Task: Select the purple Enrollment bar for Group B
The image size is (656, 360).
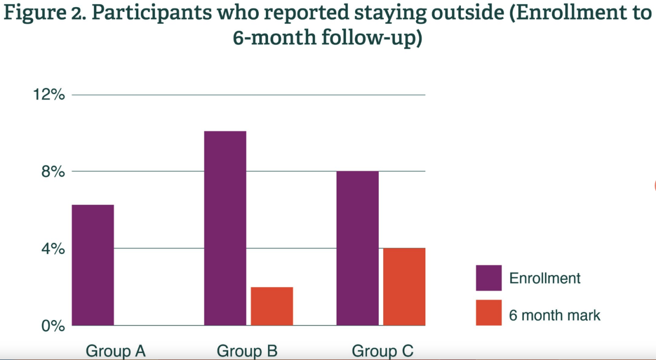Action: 225,228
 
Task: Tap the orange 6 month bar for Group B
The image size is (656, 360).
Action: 272,306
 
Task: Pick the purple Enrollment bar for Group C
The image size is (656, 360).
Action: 357,248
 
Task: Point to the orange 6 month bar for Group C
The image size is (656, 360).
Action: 404,287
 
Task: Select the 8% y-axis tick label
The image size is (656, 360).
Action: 53,172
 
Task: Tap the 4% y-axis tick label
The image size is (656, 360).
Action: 53,249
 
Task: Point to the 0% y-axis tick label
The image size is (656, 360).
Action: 53,326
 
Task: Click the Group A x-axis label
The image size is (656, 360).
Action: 116,351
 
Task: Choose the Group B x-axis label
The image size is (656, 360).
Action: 247,351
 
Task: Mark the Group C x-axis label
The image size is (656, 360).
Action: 382,351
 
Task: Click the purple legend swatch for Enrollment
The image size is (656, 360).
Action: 488,278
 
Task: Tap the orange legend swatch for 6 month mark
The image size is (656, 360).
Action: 488,312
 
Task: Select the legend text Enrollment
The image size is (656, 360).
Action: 545,278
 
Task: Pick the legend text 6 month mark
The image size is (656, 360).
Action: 555,315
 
